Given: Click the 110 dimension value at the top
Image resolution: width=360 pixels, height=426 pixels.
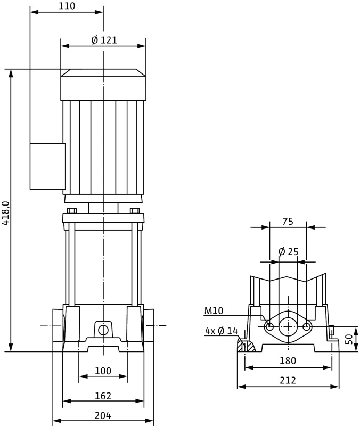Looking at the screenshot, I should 67,6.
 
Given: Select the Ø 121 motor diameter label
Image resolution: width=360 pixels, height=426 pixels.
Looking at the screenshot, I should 104,40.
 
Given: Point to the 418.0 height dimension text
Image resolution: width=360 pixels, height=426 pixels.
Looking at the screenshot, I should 6,213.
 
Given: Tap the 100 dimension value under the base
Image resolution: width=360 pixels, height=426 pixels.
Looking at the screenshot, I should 103,371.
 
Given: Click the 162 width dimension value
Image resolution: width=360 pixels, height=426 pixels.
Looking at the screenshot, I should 103,396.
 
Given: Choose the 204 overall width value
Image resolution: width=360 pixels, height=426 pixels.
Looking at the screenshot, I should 103,415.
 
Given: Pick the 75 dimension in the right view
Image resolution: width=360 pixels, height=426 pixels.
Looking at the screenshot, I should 288,222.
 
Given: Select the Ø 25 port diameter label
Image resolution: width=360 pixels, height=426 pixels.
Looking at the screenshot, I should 288,251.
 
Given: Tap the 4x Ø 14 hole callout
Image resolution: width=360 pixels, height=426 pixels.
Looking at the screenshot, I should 222,331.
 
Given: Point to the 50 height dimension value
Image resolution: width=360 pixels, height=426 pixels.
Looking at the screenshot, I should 349,339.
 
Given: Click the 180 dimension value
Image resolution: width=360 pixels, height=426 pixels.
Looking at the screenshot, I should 288,361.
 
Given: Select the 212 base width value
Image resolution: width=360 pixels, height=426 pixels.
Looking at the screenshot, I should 288,381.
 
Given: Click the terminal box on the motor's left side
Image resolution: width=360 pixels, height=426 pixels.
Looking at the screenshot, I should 47,166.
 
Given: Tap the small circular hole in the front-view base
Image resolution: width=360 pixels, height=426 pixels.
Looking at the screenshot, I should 103,330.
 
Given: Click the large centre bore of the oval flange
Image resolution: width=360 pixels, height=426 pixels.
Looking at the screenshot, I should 288,326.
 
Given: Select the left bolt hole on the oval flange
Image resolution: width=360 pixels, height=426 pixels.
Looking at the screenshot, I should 269,326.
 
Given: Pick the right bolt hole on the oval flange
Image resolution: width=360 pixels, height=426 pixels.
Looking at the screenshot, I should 306,326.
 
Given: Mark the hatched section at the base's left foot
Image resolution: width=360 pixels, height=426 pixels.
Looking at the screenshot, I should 246,346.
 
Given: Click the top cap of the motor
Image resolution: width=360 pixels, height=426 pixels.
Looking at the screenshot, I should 103,73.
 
